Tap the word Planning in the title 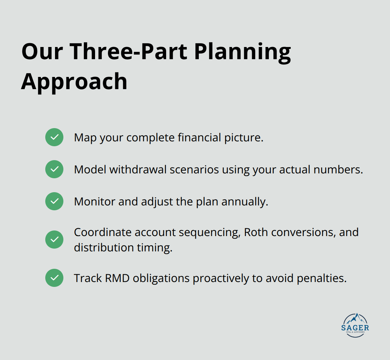pyautogui.click(x=242, y=51)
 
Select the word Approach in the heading pyautogui.click(x=74, y=81)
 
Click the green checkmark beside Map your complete pyautogui.click(x=54, y=137)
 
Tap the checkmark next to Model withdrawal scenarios pyautogui.click(x=54, y=169)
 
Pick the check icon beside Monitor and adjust pyautogui.click(x=54, y=201)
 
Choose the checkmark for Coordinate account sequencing pyautogui.click(x=54, y=240)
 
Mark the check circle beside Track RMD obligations pyautogui.click(x=54, y=278)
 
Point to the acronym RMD pyautogui.click(x=116, y=278)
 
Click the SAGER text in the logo pyautogui.click(x=355, y=328)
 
